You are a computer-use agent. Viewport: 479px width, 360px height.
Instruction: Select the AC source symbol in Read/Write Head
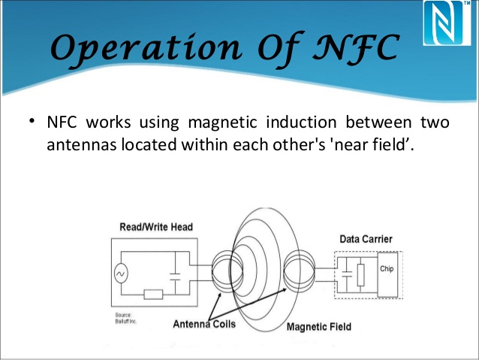pos(121,274)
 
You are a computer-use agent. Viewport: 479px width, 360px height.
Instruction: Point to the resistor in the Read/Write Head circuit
pos(155,294)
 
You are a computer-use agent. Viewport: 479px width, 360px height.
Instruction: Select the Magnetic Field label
pos(318,328)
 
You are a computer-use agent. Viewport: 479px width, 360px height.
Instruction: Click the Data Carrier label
pos(366,239)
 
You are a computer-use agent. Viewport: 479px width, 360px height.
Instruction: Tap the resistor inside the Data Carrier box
pos(361,275)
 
